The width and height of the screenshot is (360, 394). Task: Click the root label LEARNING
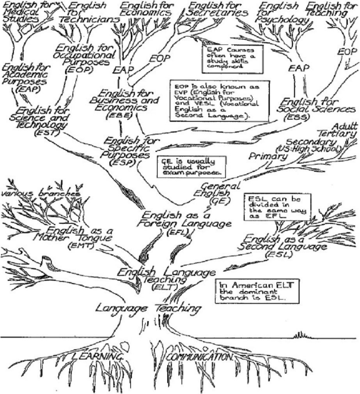point(99,357)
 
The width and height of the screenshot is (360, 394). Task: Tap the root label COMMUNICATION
point(199,357)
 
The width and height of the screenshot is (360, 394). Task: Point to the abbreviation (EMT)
point(79,246)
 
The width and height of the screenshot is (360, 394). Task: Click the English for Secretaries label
point(218,9)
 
